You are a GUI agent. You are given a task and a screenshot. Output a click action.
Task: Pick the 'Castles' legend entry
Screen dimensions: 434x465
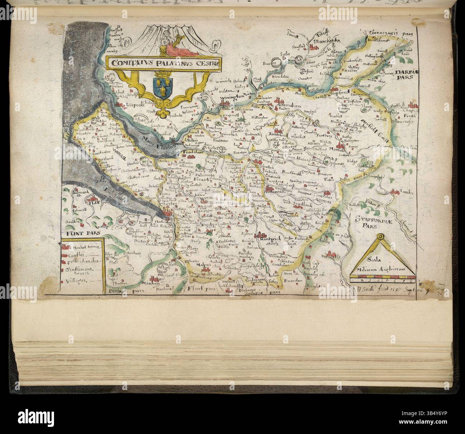[78, 255]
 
